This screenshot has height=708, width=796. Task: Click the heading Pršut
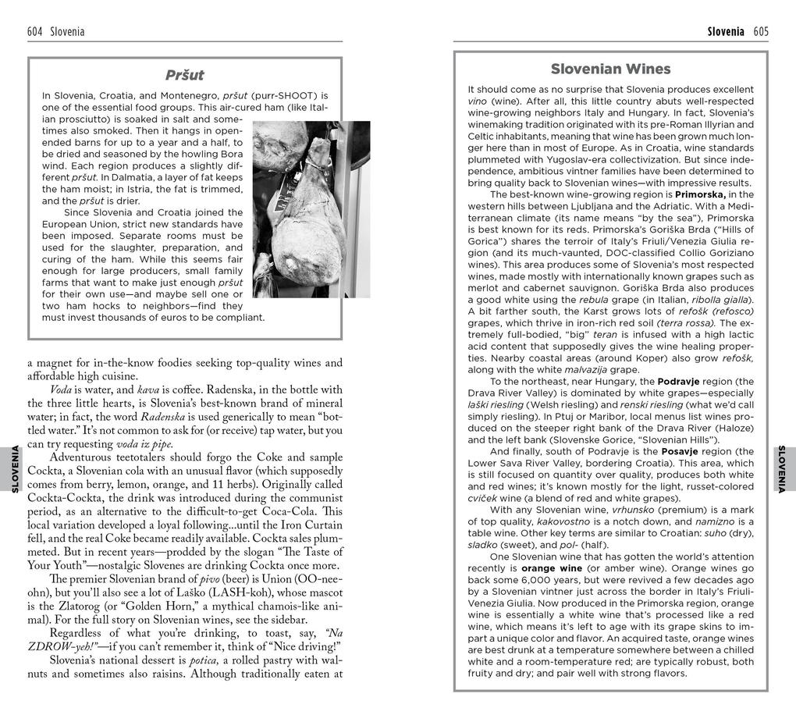tap(185, 75)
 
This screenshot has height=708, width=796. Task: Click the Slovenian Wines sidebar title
tap(611, 69)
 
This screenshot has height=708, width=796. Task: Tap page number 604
tap(34, 32)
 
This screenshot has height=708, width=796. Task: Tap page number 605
tap(761, 32)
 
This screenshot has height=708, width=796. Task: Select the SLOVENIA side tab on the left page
tap(14, 468)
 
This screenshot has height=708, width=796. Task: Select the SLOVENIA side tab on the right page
tap(783, 468)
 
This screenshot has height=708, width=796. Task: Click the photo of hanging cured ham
tap(311, 209)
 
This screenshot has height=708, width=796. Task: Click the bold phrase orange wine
tap(552, 568)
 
